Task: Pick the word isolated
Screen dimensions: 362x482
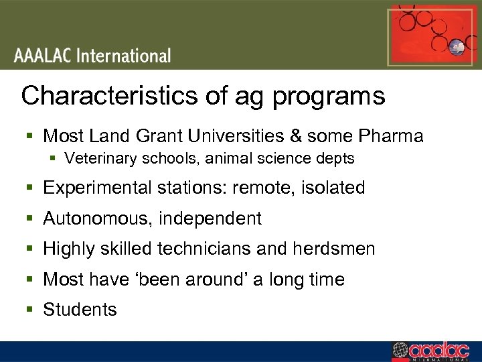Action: click(x=333, y=188)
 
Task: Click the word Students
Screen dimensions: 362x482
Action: click(x=80, y=310)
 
